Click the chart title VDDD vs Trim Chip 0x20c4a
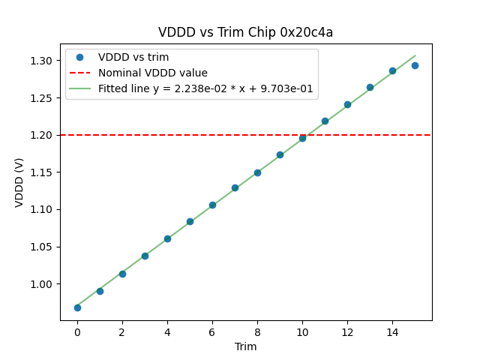(x=245, y=32)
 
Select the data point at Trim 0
(x=77, y=307)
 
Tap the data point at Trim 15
(x=415, y=65)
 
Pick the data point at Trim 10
(x=302, y=138)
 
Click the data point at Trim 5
(x=190, y=221)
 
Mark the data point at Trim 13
(x=370, y=87)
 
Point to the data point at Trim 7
(x=235, y=187)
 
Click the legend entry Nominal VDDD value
(x=153, y=73)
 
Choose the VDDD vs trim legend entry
(x=133, y=58)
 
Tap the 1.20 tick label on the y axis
(x=43, y=135)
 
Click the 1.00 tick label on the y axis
(x=43, y=284)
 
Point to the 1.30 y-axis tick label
(x=43, y=61)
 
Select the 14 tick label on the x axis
(x=392, y=332)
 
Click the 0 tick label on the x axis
(x=77, y=332)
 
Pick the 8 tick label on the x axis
(x=257, y=332)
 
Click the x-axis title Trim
(x=245, y=346)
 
